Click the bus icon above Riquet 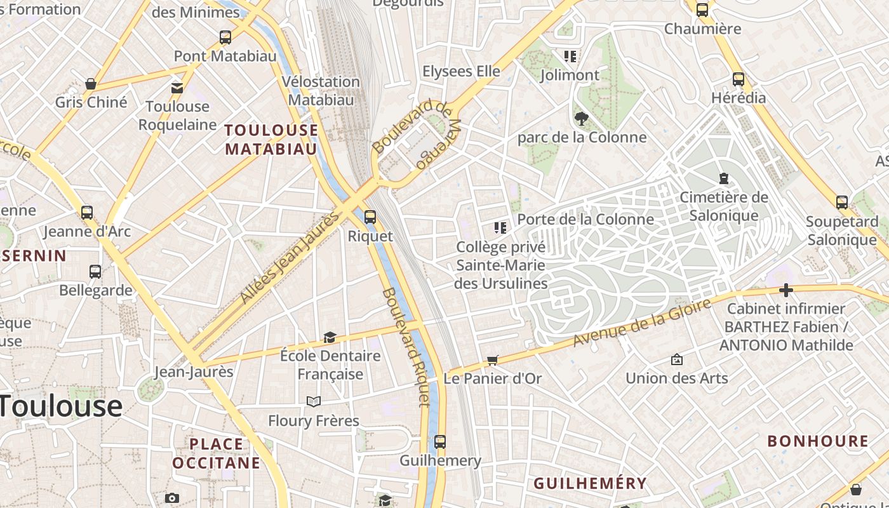click(370, 217)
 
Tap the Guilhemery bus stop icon click(440, 441)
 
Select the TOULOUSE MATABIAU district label click(271, 140)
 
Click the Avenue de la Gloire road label click(641, 323)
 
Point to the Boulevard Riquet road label click(406, 347)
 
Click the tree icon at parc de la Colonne click(580, 118)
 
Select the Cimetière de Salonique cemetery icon click(723, 178)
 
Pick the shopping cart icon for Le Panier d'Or click(492, 360)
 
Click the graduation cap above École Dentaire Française click(330, 337)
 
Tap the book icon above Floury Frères click(313, 401)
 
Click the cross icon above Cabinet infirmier click(786, 290)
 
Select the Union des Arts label click(676, 378)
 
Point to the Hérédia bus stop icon click(738, 79)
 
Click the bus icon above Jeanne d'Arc click(87, 213)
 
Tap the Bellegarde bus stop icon click(95, 272)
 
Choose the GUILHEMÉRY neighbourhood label click(589, 483)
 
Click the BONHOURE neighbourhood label click(818, 441)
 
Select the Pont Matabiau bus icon click(225, 37)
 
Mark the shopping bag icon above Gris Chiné click(91, 84)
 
